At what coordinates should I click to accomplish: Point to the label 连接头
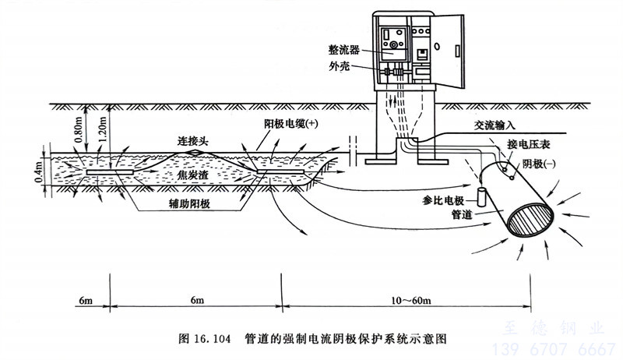tap(194, 142)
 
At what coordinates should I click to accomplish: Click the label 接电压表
tap(527, 145)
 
